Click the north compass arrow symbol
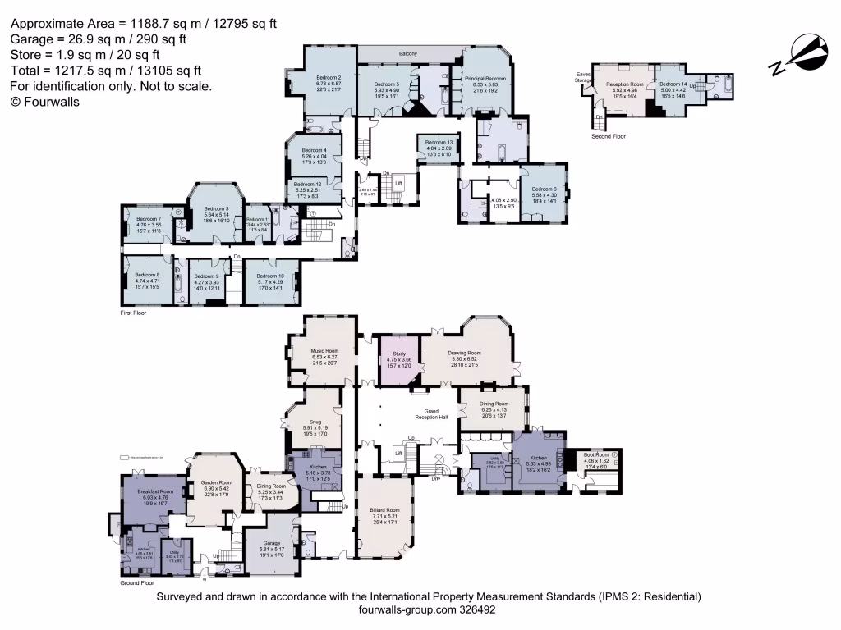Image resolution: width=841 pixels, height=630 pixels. point(803,52)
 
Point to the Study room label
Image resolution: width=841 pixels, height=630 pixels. point(399,354)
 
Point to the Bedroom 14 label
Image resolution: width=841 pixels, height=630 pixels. point(673,84)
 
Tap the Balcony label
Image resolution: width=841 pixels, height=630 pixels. point(408,54)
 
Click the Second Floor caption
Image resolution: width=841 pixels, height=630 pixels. point(609,136)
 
